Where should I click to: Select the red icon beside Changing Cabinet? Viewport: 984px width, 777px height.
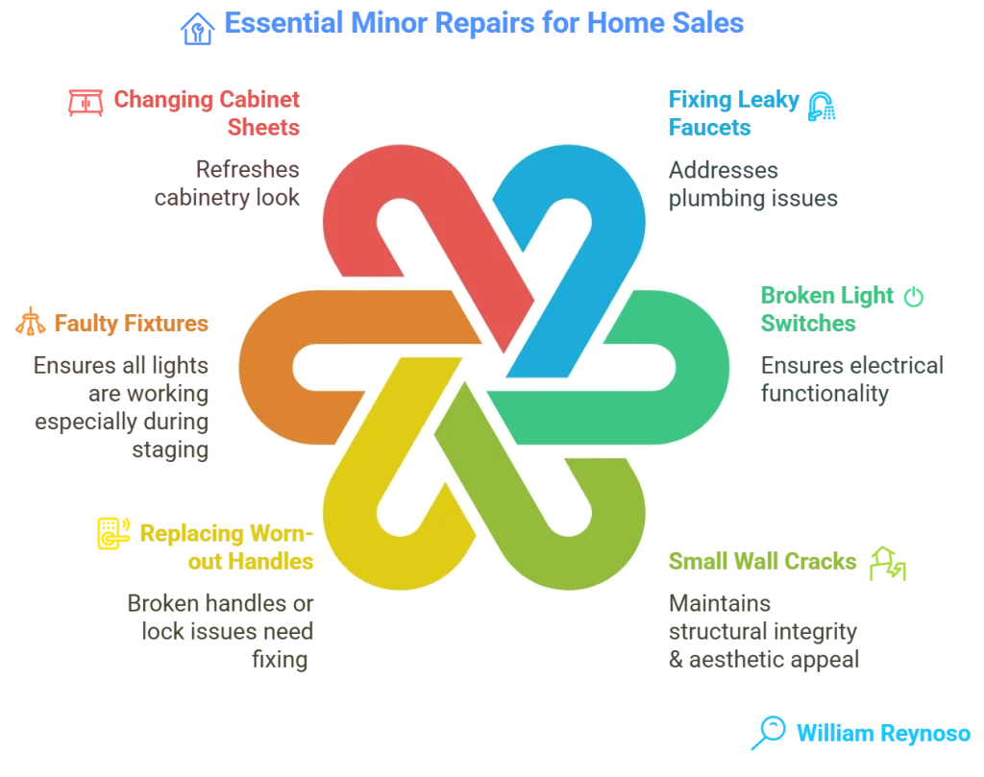(86, 101)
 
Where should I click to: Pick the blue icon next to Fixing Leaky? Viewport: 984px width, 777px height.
(822, 105)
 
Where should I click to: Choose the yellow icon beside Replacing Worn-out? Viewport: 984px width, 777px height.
(111, 533)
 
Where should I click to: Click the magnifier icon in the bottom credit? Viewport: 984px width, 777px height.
(768, 732)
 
